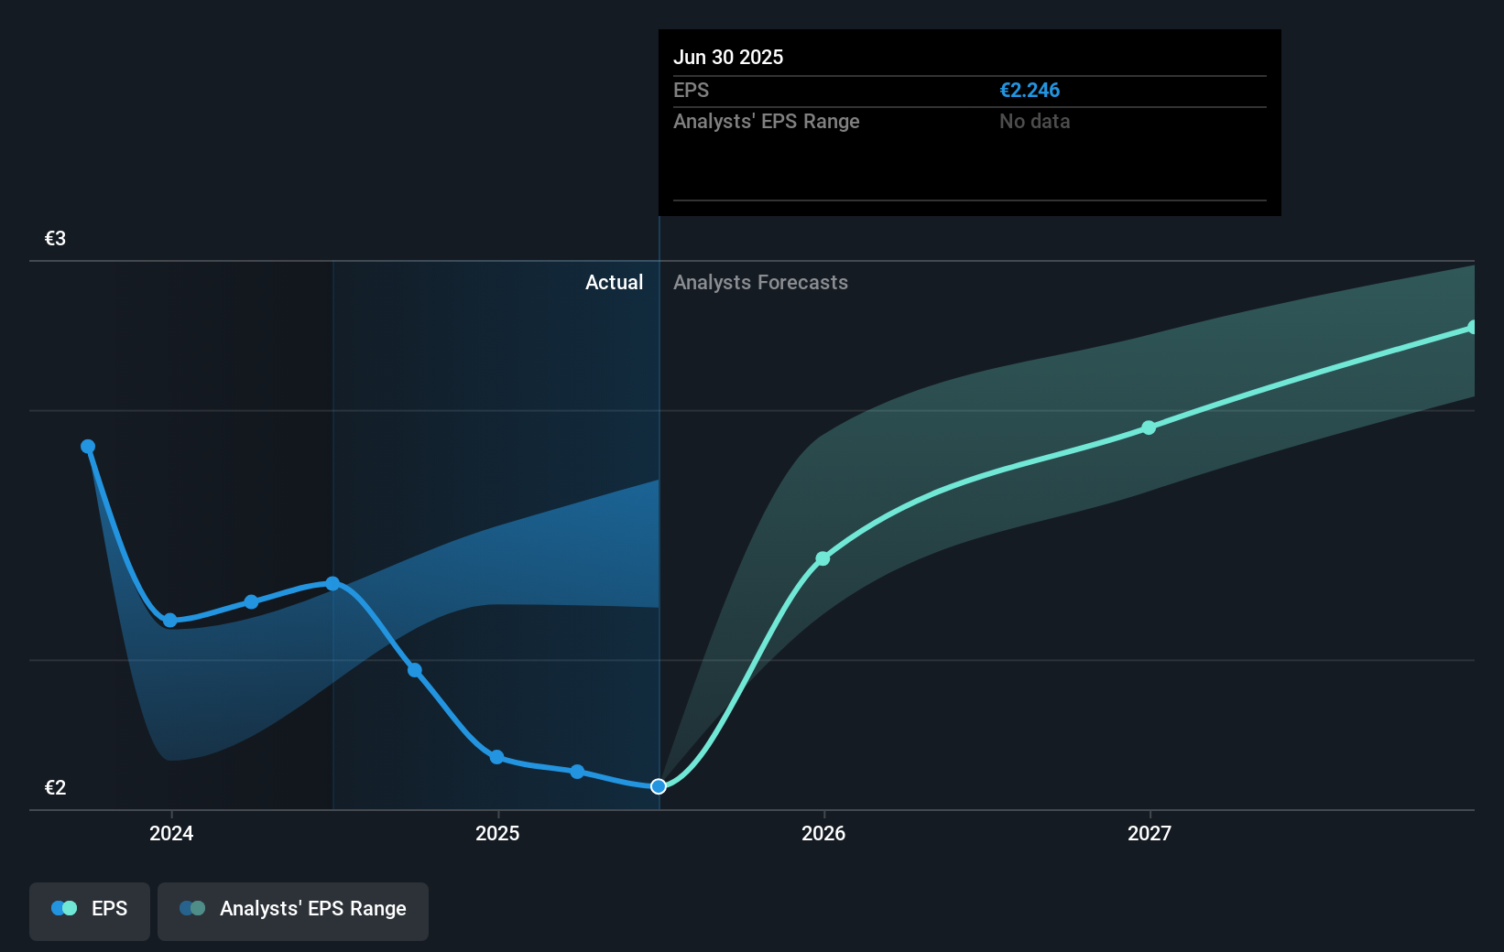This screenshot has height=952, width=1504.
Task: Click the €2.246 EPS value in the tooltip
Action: pos(1029,91)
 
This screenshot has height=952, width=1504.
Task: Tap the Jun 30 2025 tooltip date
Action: pos(728,58)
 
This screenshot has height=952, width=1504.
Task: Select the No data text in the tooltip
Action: pos(1034,122)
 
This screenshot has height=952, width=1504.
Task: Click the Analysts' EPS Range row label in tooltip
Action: pos(766,122)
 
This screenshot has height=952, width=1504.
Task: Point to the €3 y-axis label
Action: pos(55,239)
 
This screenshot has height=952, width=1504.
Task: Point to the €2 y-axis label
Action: pos(55,788)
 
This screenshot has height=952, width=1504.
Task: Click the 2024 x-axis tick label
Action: pos(171,834)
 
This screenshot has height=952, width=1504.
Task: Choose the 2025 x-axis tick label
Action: pos(497,834)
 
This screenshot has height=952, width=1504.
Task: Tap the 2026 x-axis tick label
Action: pos(823,834)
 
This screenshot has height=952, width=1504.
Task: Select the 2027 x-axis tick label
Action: pos(1150,834)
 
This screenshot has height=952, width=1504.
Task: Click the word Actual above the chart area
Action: pos(614,283)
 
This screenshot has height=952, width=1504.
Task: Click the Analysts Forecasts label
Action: pos(760,283)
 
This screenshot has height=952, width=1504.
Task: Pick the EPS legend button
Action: pos(90,910)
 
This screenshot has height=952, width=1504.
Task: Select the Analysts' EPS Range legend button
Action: pos(293,910)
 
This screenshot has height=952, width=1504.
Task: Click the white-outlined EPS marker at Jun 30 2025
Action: pos(659,786)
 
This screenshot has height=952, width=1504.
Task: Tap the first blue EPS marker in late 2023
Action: pos(88,447)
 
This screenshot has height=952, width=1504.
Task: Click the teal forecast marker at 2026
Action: pos(823,558)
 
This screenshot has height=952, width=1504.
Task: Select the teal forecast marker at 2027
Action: pos(1149,427)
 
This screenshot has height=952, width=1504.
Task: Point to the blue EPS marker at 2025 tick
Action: pos(496,757)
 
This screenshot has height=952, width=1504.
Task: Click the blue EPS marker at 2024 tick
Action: pos(170,621)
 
